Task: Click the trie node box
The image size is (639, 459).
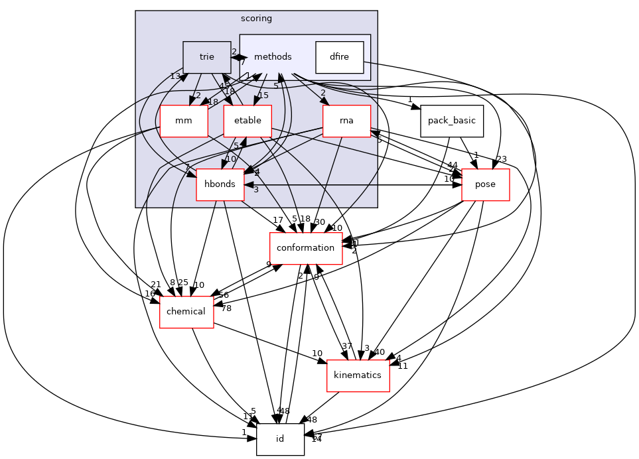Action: click(x=206, y=57)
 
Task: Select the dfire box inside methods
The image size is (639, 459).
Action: click(x=339, y=57)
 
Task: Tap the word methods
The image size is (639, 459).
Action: click(x=273, y=57)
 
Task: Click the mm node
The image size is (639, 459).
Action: click(x=184, y=121)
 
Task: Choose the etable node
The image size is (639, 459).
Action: click(x=247, y=121)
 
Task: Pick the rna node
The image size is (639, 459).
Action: click(x=346, y=121)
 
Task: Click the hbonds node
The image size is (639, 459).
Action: click(x=220, y=184)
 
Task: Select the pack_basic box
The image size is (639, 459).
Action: click(x=452, y=121)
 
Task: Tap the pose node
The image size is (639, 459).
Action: click(x=485, y=184)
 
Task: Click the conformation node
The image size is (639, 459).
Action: click(x=305, y=248)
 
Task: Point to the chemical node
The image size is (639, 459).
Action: click(x=186, y=312)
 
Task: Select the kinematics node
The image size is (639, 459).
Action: click(x=358, y=375)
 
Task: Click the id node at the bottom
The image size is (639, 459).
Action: click(x=280, y=439)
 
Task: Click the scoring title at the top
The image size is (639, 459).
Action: click(x=256, y=19)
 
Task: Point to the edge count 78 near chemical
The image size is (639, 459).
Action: click(x=226, y=308)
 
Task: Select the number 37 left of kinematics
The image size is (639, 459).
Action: click(x=346, y=346)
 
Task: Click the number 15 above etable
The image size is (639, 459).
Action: click(x=263, y=96)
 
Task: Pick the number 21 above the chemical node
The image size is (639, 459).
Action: click(x=156, y=285)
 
